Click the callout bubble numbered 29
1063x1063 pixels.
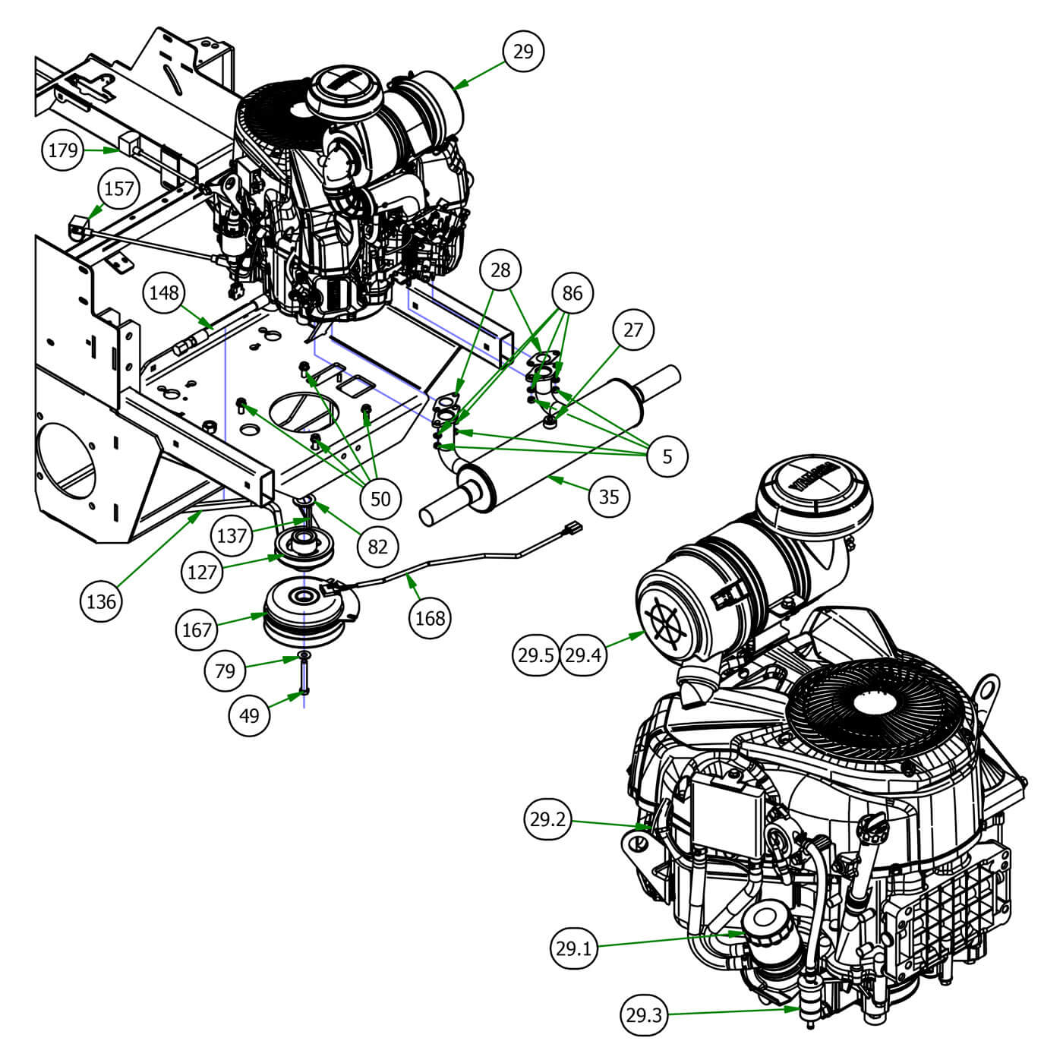(523, 52)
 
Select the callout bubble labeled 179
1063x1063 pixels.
(63, 150)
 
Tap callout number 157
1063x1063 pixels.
(119, 188)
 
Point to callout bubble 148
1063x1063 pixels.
(165, 292)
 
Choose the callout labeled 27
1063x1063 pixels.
(632, 330)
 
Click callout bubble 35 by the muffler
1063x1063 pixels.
(609, 497)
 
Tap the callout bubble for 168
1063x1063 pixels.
(431, 618)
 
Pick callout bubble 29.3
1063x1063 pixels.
(645, 1014)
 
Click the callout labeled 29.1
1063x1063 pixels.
(574, 948)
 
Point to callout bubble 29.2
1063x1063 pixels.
(548, 820)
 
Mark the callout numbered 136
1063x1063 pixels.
(101, 601)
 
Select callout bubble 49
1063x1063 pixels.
(249, 715)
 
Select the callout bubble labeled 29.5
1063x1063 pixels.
(537, 655)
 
